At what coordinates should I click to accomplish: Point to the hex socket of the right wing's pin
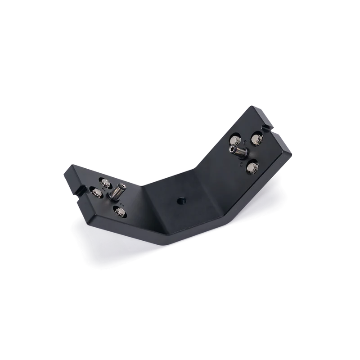[232, 147]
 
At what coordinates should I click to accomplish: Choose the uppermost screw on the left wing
[105, 182]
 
